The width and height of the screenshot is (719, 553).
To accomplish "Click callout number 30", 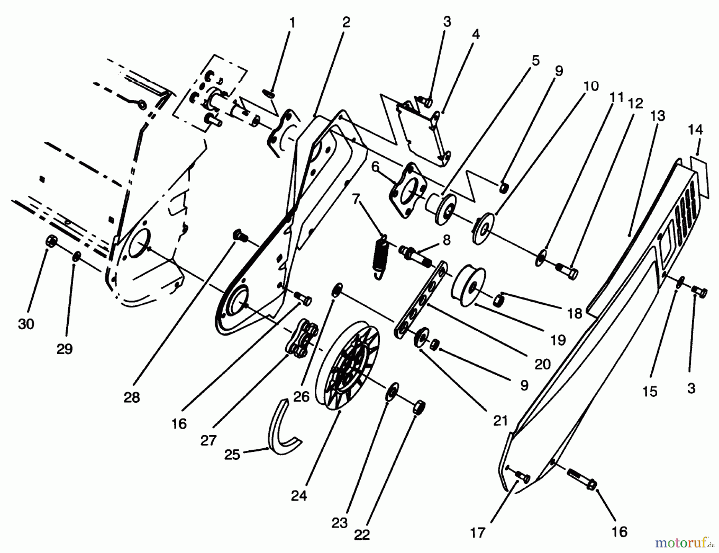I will tap(26, 324).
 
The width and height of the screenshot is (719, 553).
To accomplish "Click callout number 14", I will tap(695, 130).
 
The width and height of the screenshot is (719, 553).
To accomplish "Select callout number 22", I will tap(362, 535).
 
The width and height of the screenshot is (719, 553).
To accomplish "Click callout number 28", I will tap(132, 397).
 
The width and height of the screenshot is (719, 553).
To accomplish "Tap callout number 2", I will tap(346, 22).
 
